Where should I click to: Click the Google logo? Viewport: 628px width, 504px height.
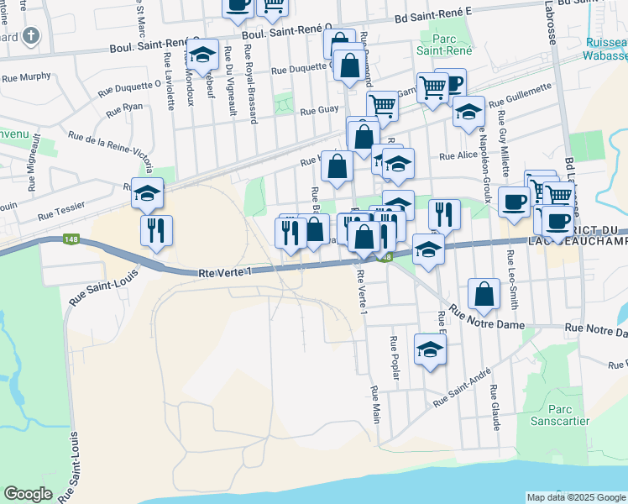coord(29,494)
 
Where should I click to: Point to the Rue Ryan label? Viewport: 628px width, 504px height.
coord(125,109)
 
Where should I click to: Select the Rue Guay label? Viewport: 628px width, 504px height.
coord(319,110)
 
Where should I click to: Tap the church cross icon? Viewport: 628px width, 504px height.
coord(31,36)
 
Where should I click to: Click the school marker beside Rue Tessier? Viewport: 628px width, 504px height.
coord(147,193)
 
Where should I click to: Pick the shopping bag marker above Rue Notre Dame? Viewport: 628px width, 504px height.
coord(484,294)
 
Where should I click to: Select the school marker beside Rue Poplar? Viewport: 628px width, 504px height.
coord(430,349)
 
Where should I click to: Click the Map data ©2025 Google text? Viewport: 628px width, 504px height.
coord(576,497)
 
